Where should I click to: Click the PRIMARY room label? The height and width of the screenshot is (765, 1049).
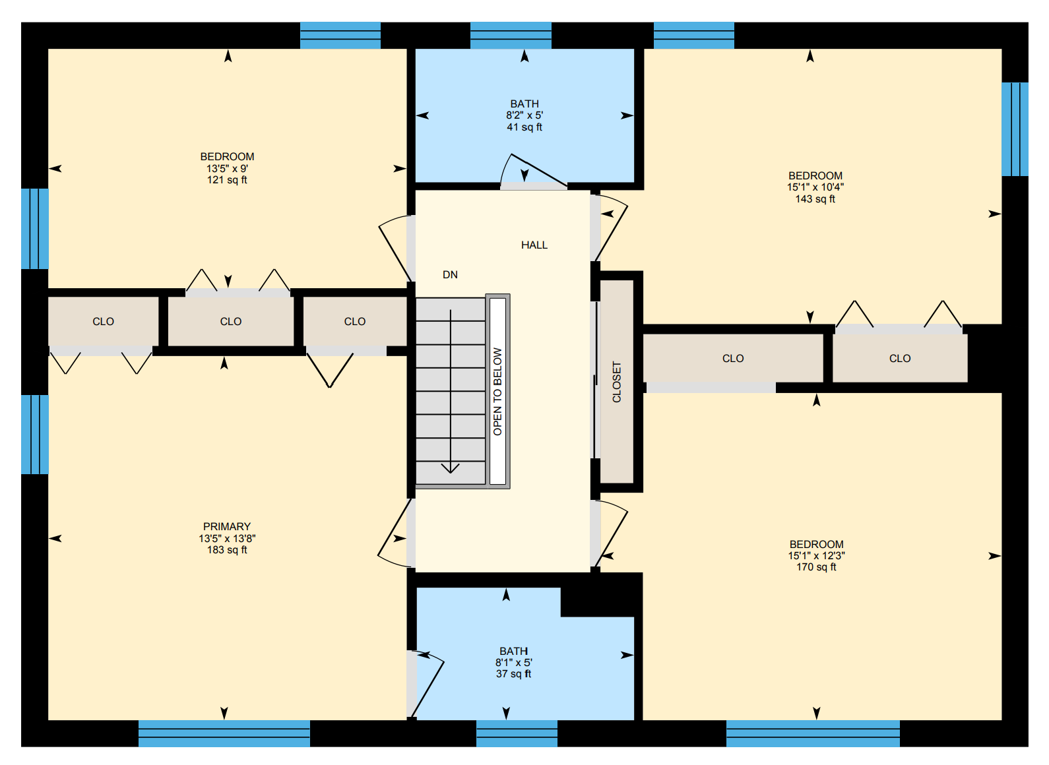point(227,527)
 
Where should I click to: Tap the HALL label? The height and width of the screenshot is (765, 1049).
point(534,245)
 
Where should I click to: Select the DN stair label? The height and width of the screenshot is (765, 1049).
point(450,275)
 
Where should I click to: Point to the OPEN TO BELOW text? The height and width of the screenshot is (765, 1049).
point(497,391)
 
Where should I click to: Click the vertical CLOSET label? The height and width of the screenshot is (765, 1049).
point(617,382)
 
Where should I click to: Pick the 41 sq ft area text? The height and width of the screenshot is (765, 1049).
point(524,127)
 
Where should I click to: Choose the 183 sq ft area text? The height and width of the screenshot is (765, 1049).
point(227,549)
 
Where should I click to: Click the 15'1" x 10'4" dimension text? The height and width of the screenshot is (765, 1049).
point(815,187)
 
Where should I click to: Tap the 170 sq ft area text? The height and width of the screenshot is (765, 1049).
point(816,567)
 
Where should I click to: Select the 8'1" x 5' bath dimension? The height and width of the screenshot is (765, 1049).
point(514,663)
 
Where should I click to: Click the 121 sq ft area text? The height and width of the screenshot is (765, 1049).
point(227,180)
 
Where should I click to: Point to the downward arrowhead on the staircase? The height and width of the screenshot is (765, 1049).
point(451,468)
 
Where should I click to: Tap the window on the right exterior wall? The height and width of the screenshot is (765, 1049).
point(1015,129)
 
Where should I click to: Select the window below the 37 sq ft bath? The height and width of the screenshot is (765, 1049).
point(517,733)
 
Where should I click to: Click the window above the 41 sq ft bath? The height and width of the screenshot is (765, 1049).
point(511,35)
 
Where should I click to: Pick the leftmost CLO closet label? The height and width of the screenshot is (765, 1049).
point(103,322)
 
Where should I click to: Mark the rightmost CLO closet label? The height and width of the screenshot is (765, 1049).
point(900,359)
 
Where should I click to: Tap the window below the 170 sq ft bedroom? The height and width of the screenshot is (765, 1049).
point(813,733)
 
